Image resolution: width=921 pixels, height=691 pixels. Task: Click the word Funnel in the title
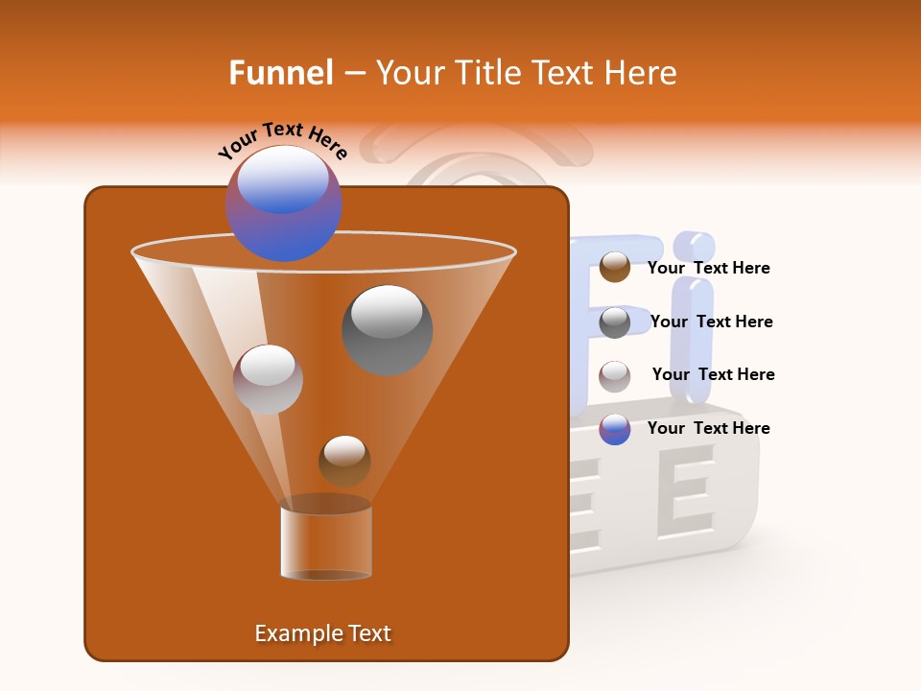(x=280, y=73)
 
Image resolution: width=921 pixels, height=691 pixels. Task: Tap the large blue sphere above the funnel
(x=284, y=203)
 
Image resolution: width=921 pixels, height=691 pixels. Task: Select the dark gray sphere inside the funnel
(x=387, y=330)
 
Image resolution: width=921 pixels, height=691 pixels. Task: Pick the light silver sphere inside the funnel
(x=268, y=379)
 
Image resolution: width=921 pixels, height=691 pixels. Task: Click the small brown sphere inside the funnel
(x=344, y=460)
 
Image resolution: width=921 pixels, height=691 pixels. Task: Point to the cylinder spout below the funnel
(x=326, y=542)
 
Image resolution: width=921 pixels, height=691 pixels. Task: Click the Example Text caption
(x=322, y=633)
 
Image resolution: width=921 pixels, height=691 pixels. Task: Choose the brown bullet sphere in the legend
(x=615, y=267)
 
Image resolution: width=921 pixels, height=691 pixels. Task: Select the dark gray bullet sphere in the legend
(x=615, y=322)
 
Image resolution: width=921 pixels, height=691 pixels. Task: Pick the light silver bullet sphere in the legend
(x=615, y=375)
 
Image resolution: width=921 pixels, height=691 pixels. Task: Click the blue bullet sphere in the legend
(x=615, y=429)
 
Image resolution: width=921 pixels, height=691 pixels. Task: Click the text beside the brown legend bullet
(x=708, y=268)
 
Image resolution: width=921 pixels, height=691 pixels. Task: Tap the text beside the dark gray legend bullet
(x=711, y=322)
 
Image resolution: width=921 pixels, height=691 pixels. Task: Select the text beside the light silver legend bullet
(x=713, y=374)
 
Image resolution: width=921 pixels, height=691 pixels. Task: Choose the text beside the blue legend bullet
(x=708, y=428)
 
